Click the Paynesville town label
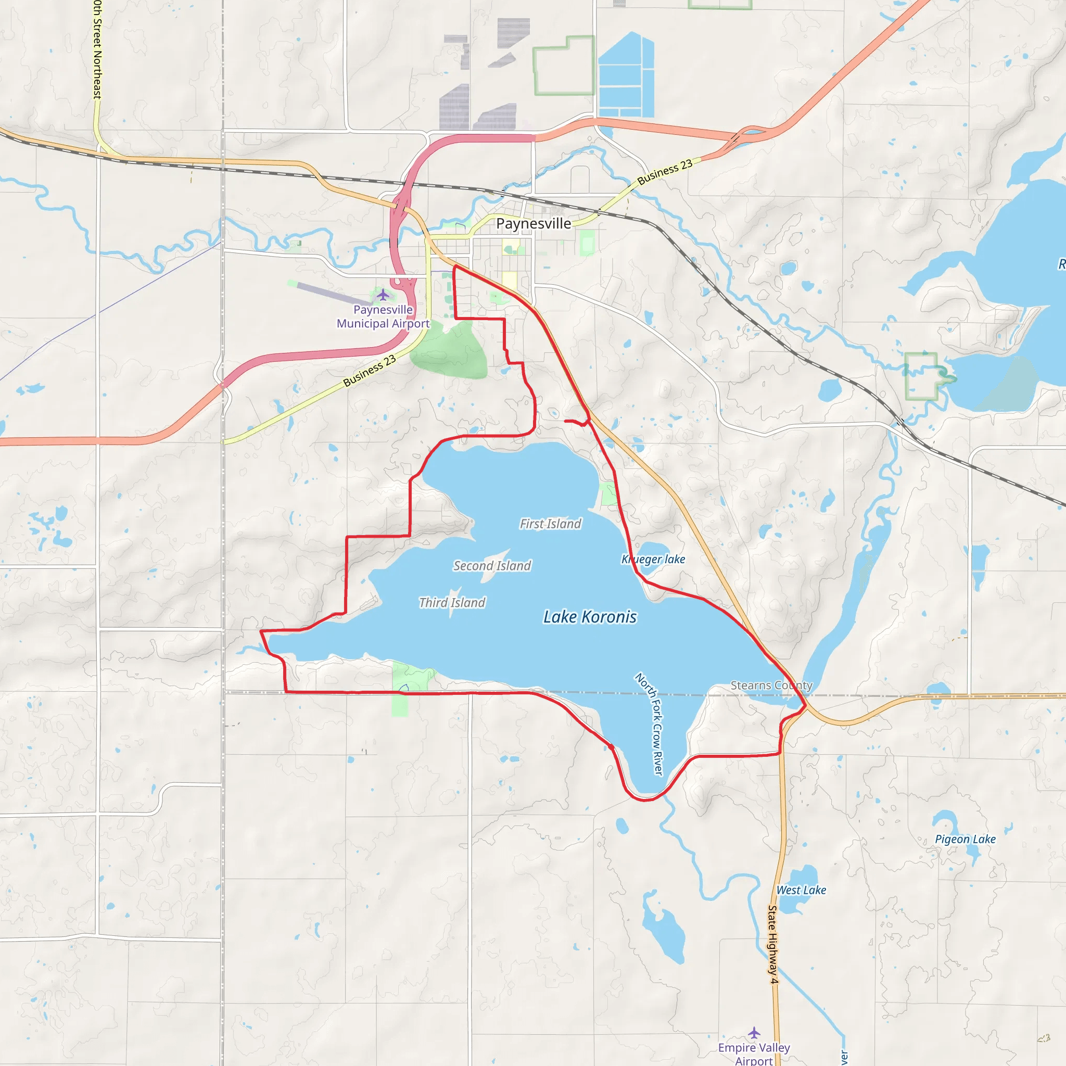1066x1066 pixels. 533,223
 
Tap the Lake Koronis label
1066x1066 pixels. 590,617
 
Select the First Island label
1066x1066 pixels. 550,524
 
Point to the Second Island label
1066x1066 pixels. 491,566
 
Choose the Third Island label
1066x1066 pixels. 452,603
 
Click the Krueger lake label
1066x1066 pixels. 653,559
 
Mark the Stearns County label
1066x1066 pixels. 771,686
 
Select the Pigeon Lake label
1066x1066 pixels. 965,839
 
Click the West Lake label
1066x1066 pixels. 801,890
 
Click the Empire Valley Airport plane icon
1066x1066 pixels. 754,1032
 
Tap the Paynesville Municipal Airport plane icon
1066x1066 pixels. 383,295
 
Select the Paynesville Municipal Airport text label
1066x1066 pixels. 383,316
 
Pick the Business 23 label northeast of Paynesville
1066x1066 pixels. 664,172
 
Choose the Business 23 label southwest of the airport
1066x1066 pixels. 369,371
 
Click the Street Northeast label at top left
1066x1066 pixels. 98,49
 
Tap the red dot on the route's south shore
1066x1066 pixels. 611,746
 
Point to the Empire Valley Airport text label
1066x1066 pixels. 754,1054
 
